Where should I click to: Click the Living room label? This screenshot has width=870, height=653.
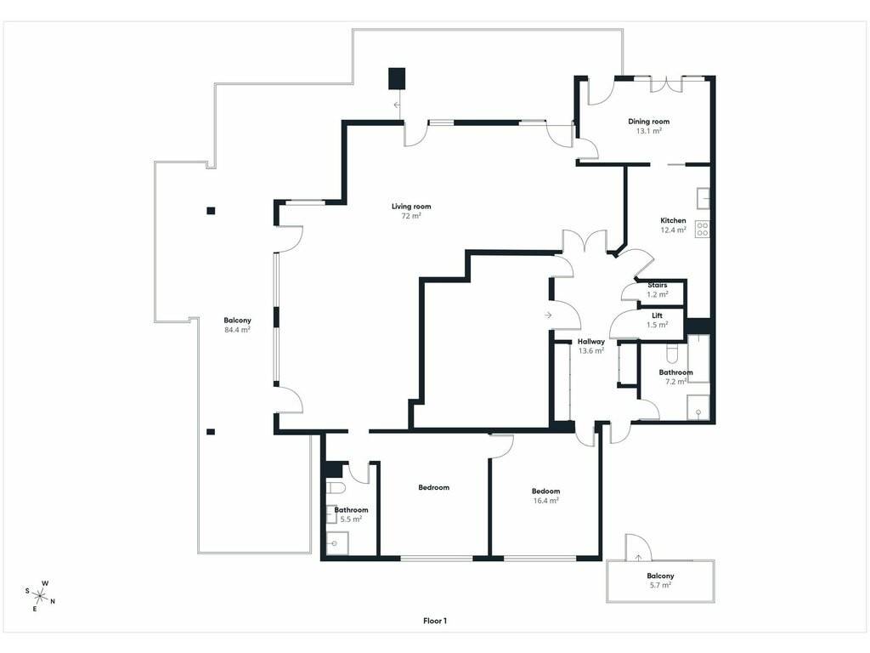[411, 207]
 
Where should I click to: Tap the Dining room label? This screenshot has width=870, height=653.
[648, 121]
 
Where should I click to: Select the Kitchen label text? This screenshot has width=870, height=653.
[673, 220]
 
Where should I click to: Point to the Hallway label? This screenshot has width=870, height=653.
[591, 342]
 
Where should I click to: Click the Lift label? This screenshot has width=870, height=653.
[657, 315]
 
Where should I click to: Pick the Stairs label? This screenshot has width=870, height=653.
[658, 285]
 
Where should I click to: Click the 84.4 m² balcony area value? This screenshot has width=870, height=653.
[237, 329]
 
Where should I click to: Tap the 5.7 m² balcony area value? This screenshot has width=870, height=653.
[660, 585]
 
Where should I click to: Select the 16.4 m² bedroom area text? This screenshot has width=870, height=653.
[545, 500]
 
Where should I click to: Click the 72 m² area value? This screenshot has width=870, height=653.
[411, 216]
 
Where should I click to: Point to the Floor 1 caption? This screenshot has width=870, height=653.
[435, 621]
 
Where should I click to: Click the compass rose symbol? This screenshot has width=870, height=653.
[40, 596]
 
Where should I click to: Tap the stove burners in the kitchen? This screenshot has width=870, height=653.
[703, 230]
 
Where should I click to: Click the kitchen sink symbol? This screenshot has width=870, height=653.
[703, 198]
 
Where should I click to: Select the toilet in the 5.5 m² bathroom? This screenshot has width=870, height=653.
[336, 488]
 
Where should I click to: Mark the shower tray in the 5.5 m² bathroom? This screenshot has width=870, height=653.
[336, 543]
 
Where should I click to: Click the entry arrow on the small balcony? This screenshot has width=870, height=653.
[639, 558]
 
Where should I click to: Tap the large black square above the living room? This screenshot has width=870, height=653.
[397, 79]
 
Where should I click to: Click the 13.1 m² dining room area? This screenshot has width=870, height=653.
[648, 131]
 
